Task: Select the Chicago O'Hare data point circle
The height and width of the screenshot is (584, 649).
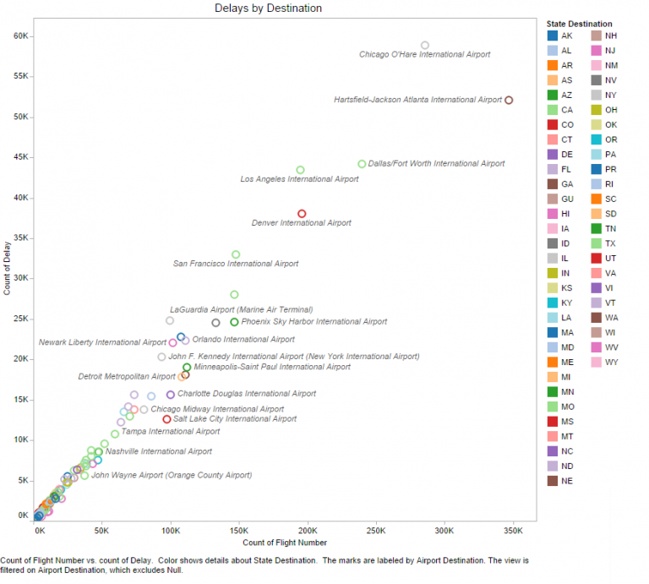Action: click(x=425, y=45)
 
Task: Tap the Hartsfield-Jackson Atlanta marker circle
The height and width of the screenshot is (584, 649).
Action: click(x=509, y=100)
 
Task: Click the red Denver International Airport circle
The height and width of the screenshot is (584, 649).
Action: click(x=302, y=213)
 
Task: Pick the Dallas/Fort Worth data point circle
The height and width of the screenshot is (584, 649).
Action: click(x=362, y=164)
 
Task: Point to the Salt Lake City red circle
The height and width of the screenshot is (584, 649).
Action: click(x=167, y=419)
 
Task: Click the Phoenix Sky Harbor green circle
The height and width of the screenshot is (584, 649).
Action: click(x=234, y=322)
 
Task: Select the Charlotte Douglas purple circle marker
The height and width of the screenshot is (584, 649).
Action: click(x=171, y=395)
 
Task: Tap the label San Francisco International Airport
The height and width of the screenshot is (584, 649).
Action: click(x=236, y=264)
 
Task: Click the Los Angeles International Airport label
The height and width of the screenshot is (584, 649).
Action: click(x=299, y=179)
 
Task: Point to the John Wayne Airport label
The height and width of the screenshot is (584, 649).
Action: click(x=172, y=475)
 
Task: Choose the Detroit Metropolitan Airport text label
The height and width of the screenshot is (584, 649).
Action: click(x=127, y=376)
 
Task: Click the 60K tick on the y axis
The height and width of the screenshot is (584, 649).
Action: click(x=22, y=35)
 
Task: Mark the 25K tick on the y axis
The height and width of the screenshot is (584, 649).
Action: click(x=22, y=319)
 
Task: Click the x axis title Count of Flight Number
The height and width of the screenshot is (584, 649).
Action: click(x=286, y=542)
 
